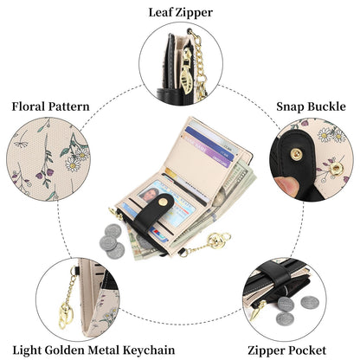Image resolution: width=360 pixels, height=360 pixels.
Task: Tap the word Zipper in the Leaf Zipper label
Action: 193,13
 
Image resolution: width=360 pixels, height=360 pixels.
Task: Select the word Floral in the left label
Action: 29,106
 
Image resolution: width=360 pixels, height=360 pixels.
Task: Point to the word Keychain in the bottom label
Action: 149,350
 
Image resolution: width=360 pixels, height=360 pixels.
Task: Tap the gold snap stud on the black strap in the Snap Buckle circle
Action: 296,154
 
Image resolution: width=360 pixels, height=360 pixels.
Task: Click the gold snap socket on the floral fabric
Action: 336,169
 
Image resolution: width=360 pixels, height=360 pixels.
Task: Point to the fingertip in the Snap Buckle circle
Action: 286,185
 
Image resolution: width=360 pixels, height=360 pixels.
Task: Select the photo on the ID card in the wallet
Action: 149,194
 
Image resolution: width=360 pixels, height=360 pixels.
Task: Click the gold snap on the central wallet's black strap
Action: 163,202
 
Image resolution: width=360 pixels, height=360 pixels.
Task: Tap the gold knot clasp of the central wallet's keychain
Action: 217,241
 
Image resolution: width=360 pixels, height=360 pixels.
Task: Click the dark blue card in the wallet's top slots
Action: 209,143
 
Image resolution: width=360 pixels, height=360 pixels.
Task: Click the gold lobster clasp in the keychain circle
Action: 65,315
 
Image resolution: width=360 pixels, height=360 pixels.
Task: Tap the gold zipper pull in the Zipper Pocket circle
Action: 258,310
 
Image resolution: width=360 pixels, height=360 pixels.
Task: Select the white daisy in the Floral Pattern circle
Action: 73,165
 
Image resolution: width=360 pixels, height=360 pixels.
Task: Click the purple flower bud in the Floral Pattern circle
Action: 39,176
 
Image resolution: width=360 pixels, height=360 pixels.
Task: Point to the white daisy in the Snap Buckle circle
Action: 325,135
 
